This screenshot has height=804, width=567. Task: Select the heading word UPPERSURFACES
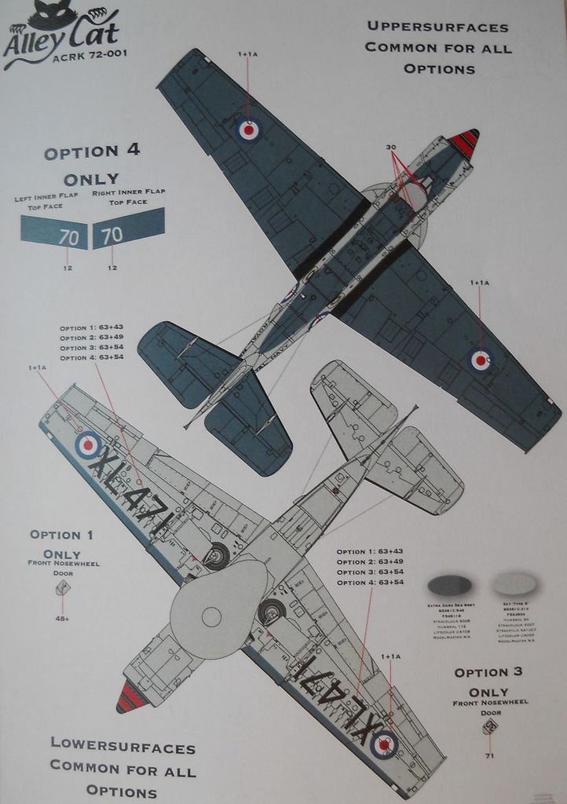point(438,27)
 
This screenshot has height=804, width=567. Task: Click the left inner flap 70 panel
point(56,233)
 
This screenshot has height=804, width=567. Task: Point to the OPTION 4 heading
point(93,152)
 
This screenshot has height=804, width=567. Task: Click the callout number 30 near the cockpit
point(391,148)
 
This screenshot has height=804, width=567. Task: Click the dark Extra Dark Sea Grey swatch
point(449,585)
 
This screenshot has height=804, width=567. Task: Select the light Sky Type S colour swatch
point(514,584)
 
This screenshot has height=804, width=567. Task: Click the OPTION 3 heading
point(488,672)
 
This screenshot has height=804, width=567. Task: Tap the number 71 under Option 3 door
point(489,756)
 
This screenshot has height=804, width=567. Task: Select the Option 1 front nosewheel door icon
point(63,588)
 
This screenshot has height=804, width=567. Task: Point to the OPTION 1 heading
point(61,535)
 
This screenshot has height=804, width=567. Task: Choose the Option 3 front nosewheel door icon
point(489,728)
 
